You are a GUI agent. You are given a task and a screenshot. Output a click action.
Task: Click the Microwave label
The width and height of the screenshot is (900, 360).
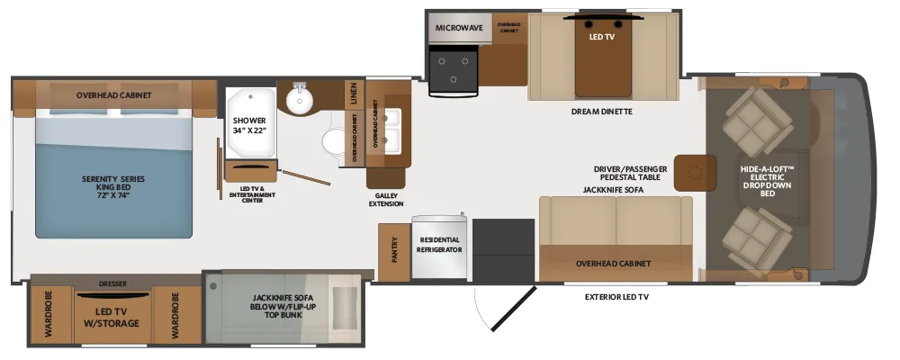pos(459,28)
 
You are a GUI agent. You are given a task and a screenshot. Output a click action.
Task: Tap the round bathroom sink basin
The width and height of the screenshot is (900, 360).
pos(300,103)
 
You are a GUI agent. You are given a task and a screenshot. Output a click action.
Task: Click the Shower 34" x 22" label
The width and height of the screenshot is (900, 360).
pos(249,125)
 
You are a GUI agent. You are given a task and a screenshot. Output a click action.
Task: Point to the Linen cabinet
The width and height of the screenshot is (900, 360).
pos(354,94)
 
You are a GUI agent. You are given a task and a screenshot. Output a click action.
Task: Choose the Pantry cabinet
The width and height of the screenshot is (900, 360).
pos(394,252)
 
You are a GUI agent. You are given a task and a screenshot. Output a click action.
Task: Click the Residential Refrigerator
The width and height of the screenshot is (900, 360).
pos(439,247)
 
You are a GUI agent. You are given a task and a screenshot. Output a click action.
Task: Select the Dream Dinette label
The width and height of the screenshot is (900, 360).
pos(601,112)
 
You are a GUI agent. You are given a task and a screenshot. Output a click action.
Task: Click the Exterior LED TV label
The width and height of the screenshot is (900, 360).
pos(616,297)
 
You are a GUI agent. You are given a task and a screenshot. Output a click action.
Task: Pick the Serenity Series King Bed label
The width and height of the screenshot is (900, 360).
pos(113,187)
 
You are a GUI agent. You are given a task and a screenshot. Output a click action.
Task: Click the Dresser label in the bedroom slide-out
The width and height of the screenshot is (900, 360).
pos(112,283)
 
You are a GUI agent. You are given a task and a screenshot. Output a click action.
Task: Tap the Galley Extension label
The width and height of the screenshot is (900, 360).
pos(386,200)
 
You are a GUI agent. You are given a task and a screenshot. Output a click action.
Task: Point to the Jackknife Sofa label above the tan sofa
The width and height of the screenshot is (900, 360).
pos(613,190)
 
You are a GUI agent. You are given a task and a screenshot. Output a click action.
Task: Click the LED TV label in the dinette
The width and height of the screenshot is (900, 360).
pos(602,37)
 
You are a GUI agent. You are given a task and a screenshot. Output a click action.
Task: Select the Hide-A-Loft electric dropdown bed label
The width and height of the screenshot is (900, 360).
pos(768,181)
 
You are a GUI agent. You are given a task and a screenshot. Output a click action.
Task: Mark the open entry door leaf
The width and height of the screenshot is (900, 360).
pos(515,309)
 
